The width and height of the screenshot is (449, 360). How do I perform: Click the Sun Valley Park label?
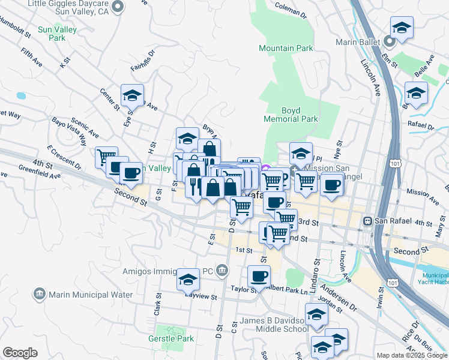pyautogui.click(x=51, y=32)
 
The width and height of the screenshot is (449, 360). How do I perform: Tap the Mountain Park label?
pyautogui.click(x=286, y=48)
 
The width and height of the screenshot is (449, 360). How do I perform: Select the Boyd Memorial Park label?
pyautogui.click(x=291, y=115)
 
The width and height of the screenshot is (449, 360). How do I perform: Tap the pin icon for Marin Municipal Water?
pyautogui.click(x=40, y=294)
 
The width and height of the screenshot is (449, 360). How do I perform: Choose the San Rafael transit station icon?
pyautogui.click(x=368, y=221)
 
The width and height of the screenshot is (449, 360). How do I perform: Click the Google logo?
pyautogui.click(x=20, y=353)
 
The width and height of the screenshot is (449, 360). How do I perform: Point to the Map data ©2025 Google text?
pyautogui.click(x=411, y=355)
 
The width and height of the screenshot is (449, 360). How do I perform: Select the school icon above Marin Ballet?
pyautogui.click(x=402, y=27)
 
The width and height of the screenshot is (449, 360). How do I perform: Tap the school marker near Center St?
pyautogui.click(x=132, y=95)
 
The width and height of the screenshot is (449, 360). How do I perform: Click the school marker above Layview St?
pyautogui.click(x=188, y=279)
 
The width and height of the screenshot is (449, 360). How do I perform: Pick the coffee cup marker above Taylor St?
pyautogui.click(x=259, y=276)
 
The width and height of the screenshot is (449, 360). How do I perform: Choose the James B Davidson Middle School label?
pyautogui.click(x=274, y=325)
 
